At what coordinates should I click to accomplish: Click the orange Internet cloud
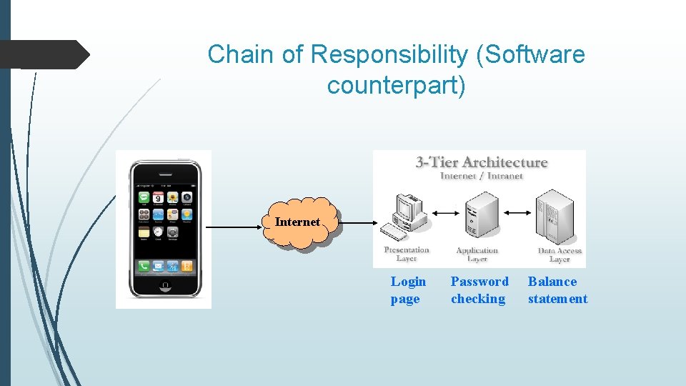pos(298,223)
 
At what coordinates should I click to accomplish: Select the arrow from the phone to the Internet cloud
pos(235,227)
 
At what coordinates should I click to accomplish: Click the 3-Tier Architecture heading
pos(482,162)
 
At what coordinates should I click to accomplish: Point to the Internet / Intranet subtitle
pos(482,175)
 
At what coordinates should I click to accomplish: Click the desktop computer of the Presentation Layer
pos(405,214)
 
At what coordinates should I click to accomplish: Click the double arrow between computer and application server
pos(444,212)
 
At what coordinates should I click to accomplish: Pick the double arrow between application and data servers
pos(517,212)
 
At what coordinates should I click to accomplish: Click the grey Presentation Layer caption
pos(407,254)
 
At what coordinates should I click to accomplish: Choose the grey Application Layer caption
pos(477,254)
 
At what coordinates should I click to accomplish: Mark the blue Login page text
pos(408,290)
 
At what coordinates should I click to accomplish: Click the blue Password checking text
pos(479,290)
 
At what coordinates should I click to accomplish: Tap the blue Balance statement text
pos(557,290)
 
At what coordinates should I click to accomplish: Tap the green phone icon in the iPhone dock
pos(144,267)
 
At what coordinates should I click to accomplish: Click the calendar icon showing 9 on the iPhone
pos(159,197)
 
